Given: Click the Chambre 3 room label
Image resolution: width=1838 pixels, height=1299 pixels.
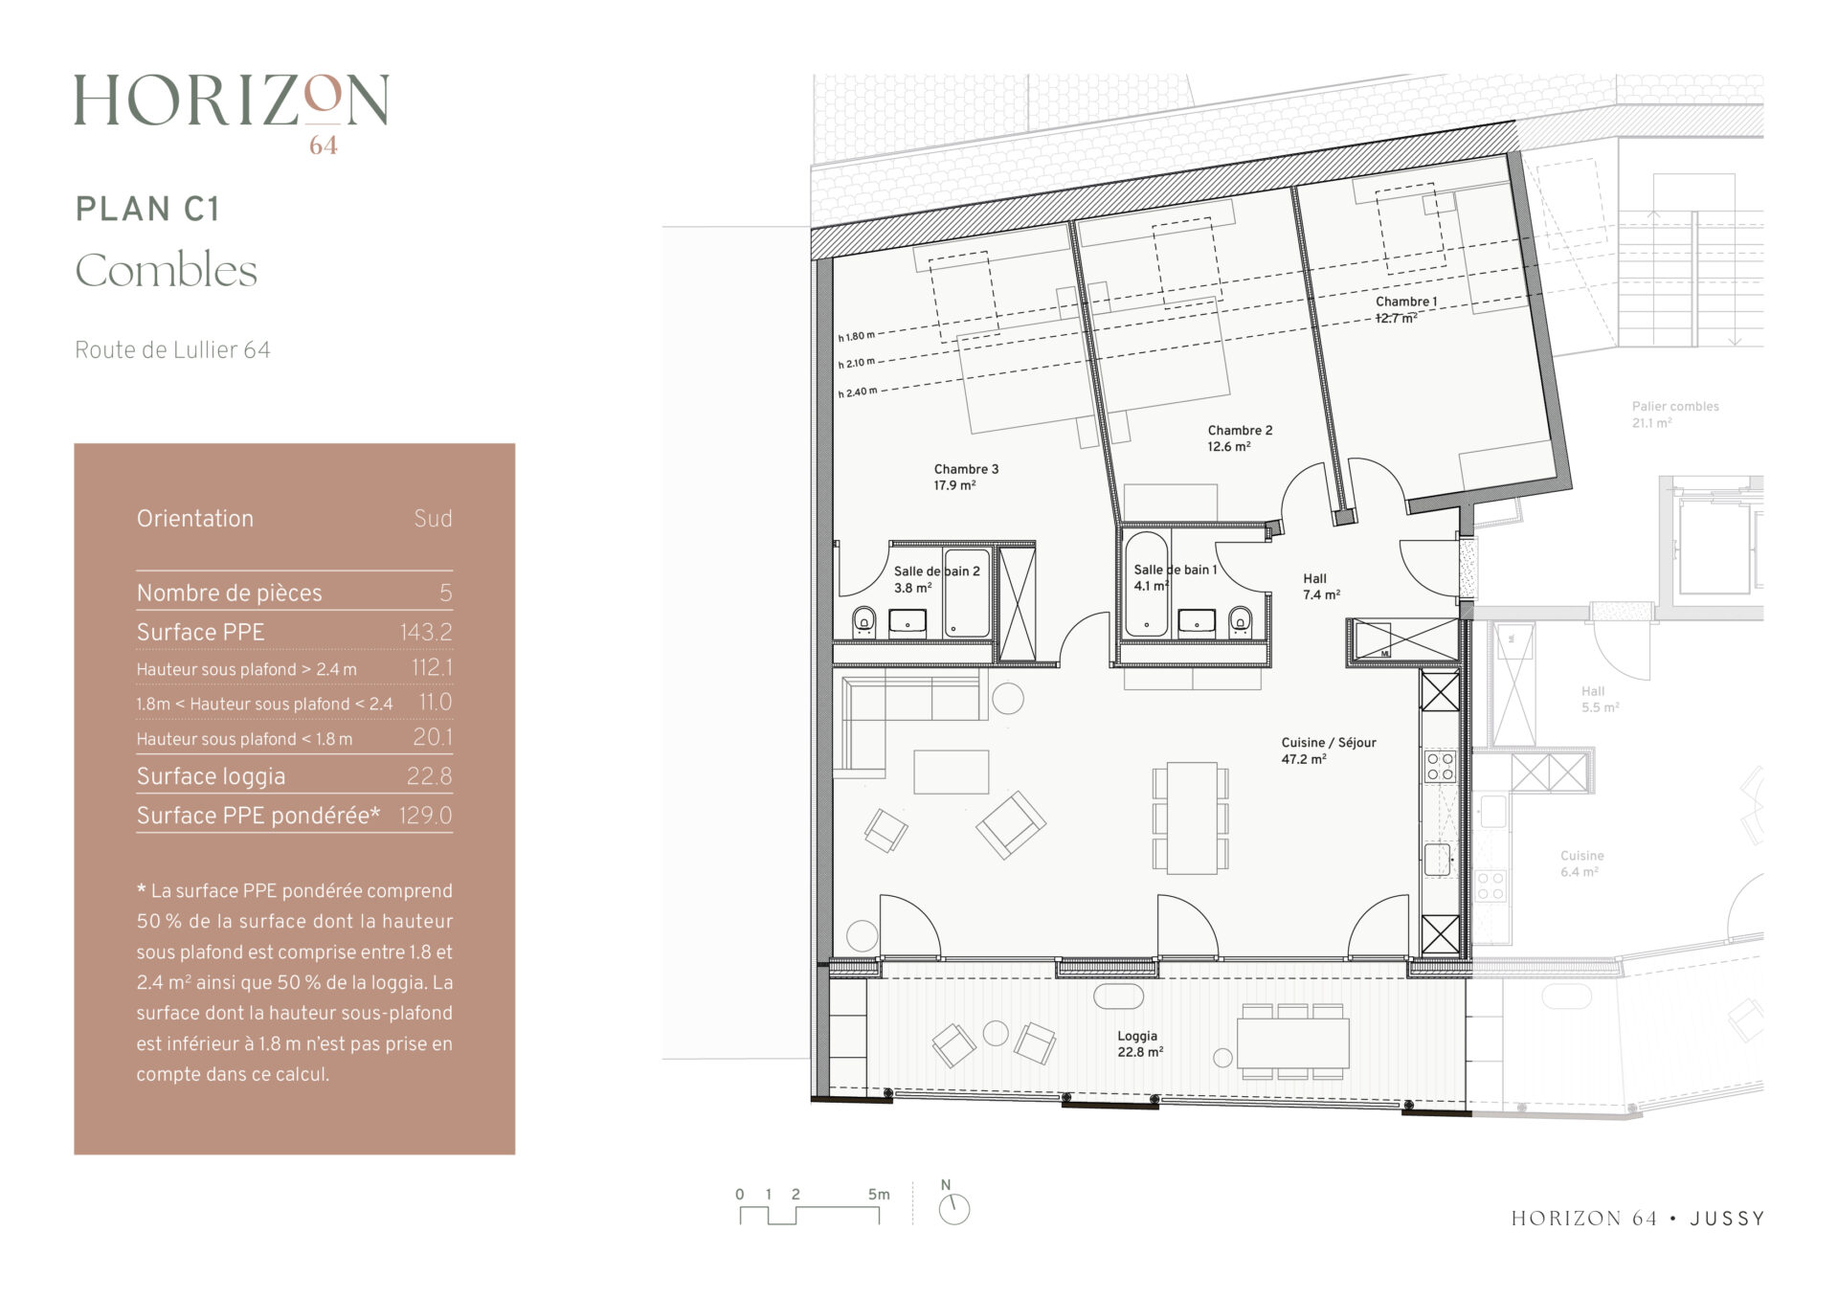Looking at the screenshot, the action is (x=966, y=477).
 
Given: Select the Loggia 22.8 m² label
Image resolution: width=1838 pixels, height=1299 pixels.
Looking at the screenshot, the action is (x=1139, y=1043).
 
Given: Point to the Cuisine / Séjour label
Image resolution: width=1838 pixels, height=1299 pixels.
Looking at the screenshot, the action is (x=1329, y=750).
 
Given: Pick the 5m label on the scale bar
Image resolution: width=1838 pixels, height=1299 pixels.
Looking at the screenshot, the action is (x=878, y=1195).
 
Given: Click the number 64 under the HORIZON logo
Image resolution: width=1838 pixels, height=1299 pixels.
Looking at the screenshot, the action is (x=324, y=146).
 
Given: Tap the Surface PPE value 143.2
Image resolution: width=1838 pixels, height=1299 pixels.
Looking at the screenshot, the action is (x=426, y=632).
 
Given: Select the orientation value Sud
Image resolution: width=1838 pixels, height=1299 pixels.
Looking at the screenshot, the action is (x=433, y=519).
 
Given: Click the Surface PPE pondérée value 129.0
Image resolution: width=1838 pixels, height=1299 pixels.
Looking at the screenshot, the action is (x=426, y=816).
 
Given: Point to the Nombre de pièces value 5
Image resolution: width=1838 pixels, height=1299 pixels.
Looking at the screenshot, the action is (x=446, y=594).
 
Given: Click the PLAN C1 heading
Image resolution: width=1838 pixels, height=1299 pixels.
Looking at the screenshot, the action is (x=147, y=209).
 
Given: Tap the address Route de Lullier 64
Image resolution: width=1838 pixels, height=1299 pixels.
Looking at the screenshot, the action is (x=172, y=350).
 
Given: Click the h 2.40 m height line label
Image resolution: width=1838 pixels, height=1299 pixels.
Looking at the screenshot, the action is (x=857, y=392).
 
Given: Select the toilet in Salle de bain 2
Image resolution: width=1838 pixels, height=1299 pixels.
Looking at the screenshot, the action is (x=864, y=621).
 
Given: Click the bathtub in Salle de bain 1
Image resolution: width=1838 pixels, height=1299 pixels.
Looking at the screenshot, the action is (x=1145, y=585).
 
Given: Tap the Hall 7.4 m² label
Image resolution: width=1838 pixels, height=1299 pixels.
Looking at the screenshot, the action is (x=1321, y=587).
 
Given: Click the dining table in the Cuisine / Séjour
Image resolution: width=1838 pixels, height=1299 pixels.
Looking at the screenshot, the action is (x=1192, y=817).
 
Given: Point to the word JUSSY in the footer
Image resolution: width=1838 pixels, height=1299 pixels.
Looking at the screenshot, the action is (x=1727, y=1219).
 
